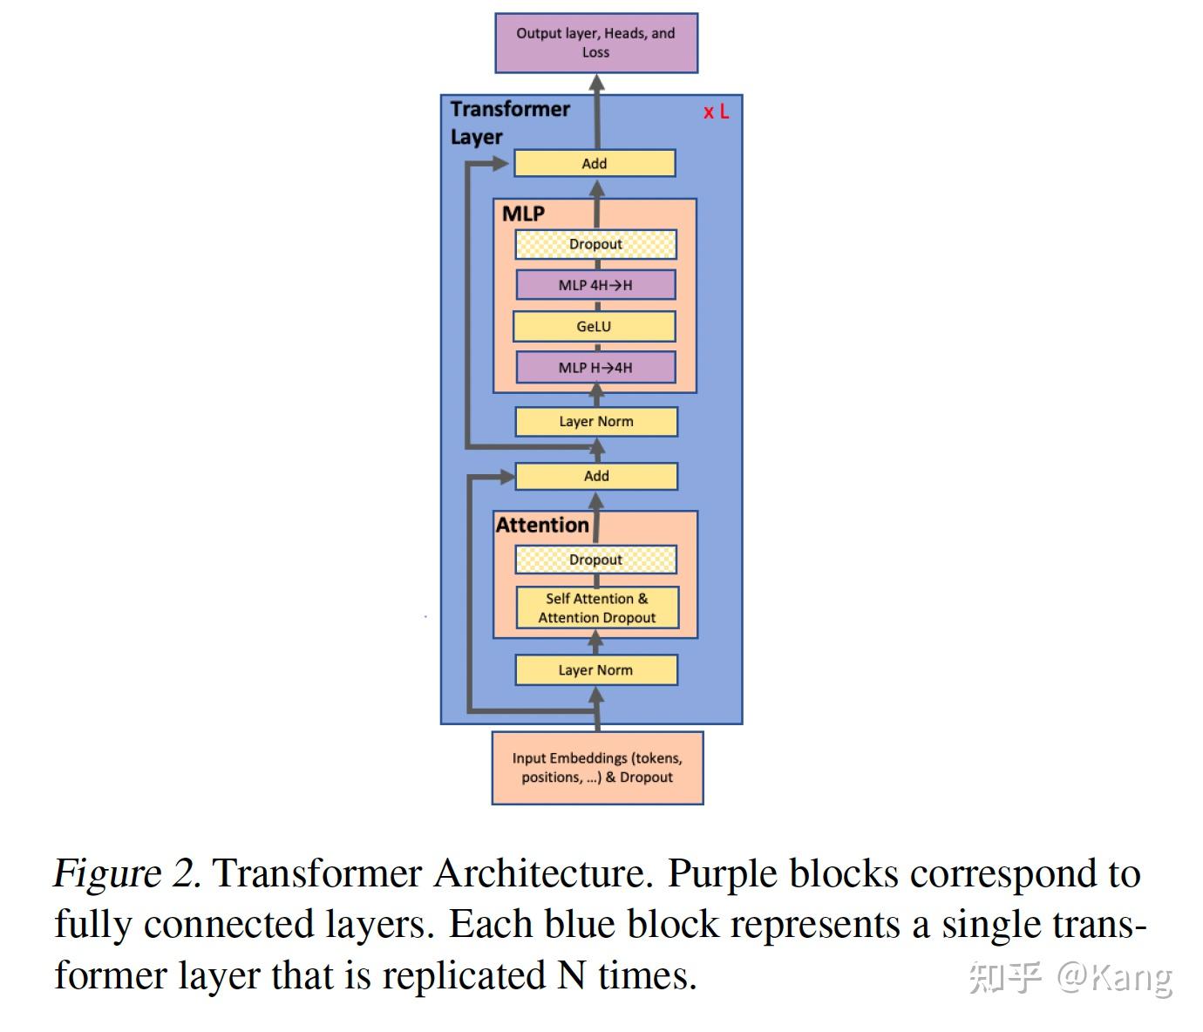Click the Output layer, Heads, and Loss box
pos(596,43)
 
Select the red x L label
pos(716,112)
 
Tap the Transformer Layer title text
pos(509,123)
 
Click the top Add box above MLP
pos(595,163)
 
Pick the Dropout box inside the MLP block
pos(595,244)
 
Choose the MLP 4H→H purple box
pos(595,285)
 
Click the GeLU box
pos(594,326)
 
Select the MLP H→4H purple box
pos(595,367)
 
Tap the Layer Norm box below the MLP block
pos(596,421)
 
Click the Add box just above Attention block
pos(596,476)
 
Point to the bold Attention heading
pos(542,525)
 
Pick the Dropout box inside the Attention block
pos(595,560)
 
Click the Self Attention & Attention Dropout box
pos(597,608)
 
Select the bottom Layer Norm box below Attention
pos(596,669)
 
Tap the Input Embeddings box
pos(597,767)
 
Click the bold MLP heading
pos(523,214)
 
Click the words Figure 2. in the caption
pos(127,873)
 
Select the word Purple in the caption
pos(722,873)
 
